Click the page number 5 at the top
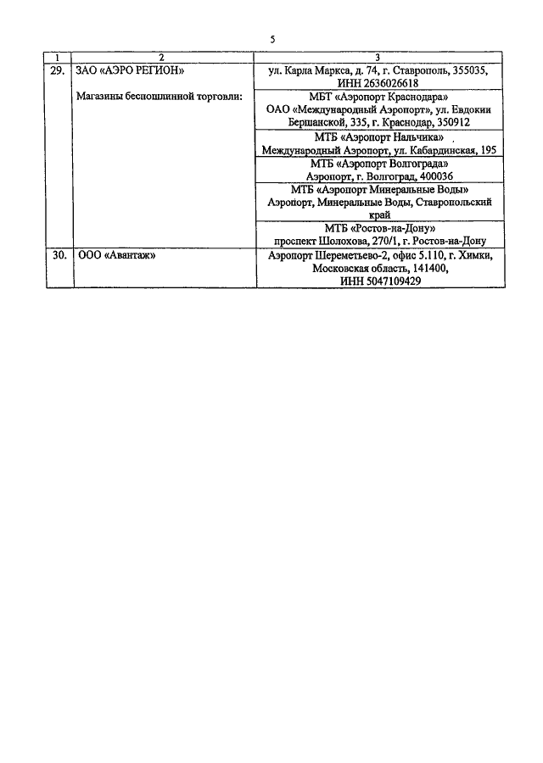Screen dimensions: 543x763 click(272, 39)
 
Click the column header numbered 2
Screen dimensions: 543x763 click(162, 58)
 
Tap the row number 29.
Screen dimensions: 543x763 click(58, 70)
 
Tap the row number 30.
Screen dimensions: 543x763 click(59, 255)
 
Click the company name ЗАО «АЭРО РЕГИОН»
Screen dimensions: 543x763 click(130, 71)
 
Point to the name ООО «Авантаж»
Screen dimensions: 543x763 click(116, 255)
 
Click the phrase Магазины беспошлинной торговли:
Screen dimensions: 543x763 click(160, 97)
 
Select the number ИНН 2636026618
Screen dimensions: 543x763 click(378, 83)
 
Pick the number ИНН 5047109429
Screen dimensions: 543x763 click(380, 281)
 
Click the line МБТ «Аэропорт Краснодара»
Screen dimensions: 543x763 click(378, 97)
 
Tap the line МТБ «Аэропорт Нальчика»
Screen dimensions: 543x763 click(379, 137)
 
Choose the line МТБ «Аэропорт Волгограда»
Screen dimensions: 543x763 click(379, 164)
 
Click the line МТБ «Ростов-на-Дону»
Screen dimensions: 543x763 click(380, 228)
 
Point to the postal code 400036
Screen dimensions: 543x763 click(436, 176)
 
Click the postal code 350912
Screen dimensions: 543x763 click(453, 122)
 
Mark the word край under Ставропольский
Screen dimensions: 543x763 click(379, 214)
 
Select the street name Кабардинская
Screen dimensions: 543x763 click(443, 150)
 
